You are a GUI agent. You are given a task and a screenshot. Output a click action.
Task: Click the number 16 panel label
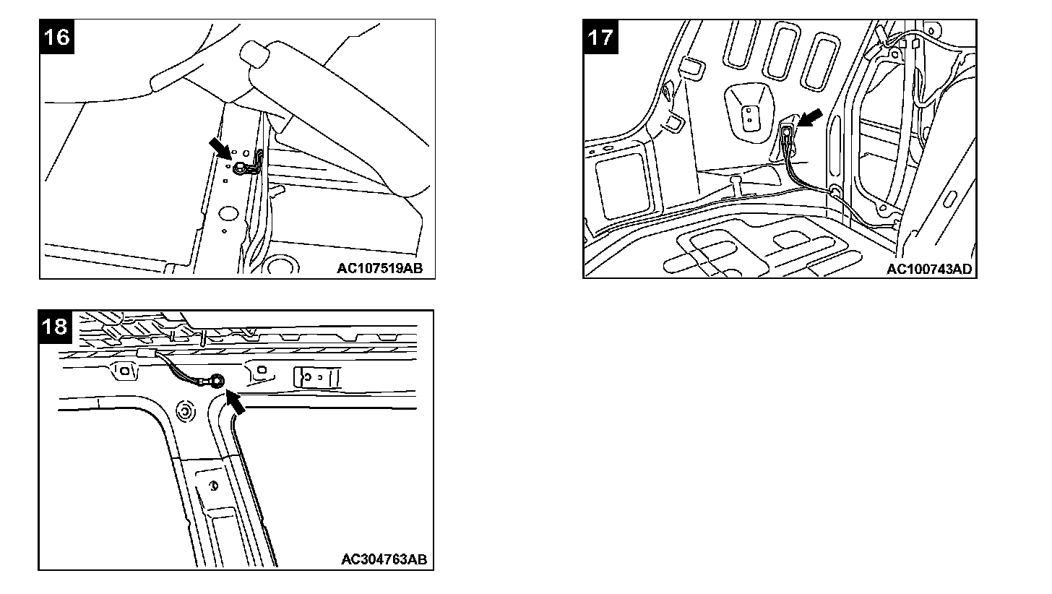(x=57, y=36)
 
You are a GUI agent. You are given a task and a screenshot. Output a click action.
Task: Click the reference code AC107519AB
(x=379, y=269)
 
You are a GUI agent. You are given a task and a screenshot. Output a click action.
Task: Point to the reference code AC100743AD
(x=929, y=269)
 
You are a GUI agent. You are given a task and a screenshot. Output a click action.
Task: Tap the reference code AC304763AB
(x=384, y=559)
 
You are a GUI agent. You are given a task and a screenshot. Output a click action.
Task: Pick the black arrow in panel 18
(x=236, y=402)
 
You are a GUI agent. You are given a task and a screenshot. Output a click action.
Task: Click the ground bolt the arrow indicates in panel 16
(x=238, y=169)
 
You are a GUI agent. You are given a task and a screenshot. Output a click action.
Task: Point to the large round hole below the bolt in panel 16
(x=228, y=213)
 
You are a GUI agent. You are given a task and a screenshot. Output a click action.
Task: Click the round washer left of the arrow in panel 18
(x=184, y=412)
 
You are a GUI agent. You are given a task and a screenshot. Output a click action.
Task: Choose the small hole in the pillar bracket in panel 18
(x=214, y=486)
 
